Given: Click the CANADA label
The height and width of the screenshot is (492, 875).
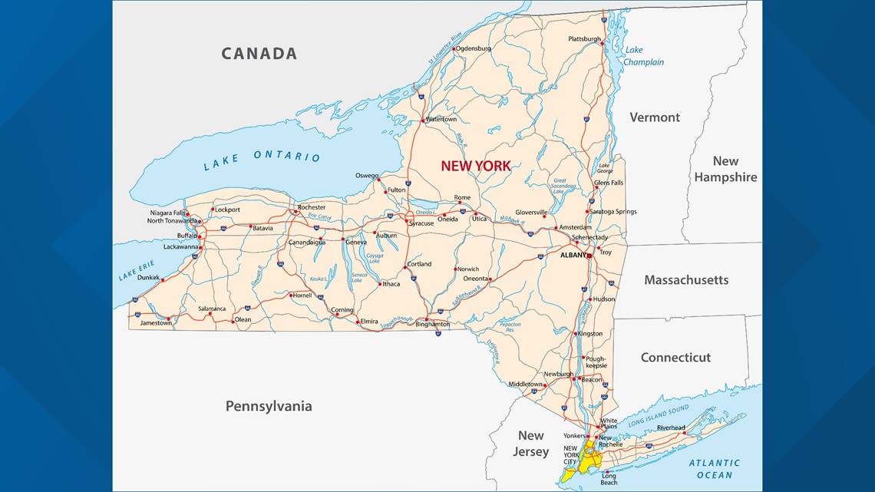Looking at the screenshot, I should pyautogui.click(x=259, y=54).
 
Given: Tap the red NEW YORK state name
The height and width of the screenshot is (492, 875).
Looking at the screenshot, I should pyautogui.click(x=475, y=166).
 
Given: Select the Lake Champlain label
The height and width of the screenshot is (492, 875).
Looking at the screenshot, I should pyautogui.click(x=642, y=56).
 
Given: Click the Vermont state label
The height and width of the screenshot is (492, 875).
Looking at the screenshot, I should pyautogui.click(x=655, y=117).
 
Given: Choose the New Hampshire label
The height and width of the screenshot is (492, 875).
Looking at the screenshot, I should pyautogui.click(x=725, y=169).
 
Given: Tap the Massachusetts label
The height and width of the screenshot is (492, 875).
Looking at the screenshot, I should pyautogui.click(x=686, y=280).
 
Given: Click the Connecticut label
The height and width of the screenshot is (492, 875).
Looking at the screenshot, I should pyautogui.click(x=675, y=358).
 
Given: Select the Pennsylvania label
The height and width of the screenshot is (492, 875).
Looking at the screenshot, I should pyautogui.click(x=269, y=406).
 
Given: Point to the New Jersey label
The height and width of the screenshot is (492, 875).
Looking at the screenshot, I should pyautogui.click(x=530, y=444).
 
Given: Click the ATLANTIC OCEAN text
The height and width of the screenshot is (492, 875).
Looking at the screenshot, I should pyautogui.click(x=714, y=469).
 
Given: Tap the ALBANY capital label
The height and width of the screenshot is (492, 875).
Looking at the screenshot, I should pyautogui.click(x=573, y=255).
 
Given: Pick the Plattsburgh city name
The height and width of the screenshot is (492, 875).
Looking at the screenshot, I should pyautogui.click(x=584, y=38).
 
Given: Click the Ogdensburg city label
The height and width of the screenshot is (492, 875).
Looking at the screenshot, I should pyautogui.click(x=474, y=48).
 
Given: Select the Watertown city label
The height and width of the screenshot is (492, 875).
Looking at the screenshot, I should pyautogui.click(x=441, y=119).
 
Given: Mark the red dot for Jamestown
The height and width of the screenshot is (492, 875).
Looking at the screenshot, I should pyautogui.click(x=169, y=318).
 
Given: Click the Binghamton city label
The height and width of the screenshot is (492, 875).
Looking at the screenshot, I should pyautogui.click(x=432, y=324).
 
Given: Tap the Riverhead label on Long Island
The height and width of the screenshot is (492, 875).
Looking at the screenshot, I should pyautogui.click(x=671, y=428).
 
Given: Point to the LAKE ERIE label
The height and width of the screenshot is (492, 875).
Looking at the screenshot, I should pyautogui.click(x=137, y=270).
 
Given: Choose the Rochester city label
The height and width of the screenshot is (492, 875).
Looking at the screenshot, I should pyautogui.click(x=312, y=207).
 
